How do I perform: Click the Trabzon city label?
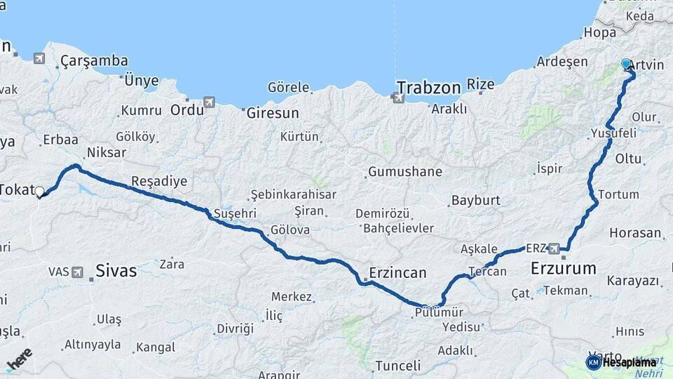pyautogui.click(x=428, y=88)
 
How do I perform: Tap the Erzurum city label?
pyautogui.click(x=563, y=268)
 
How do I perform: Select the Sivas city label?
pyautogui.click(x=116, y=270)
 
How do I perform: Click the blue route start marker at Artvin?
pyautogui.click(x=626, y=64)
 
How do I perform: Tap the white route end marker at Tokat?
pyautogui.click(x=39, y=191)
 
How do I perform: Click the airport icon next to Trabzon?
pyautogui.click(x=398, y=97)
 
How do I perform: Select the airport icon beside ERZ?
pyautogui.click(x=555, y=248)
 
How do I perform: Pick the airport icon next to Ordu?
pyautogui.click(x=209, y=103)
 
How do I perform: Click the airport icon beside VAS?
pyautogui.click(x=76, y=271)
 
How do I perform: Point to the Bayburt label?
pyautogui.click(x=475, y=200)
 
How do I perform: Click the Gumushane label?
pyautogui.click(x=405, y=171)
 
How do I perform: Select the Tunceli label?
pyautogui.click(x=397, y=366)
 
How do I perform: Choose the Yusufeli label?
pyautogui.click(x=613, y=133)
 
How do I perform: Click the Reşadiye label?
pyautogui.click(x=159, y=181)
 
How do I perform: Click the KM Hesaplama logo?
pyautogui.click(x=621, y=362)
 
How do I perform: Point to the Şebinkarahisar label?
pyautogui.click(x=294, y=194)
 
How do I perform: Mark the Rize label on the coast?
pyautogui.click(x=481, y=84)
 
